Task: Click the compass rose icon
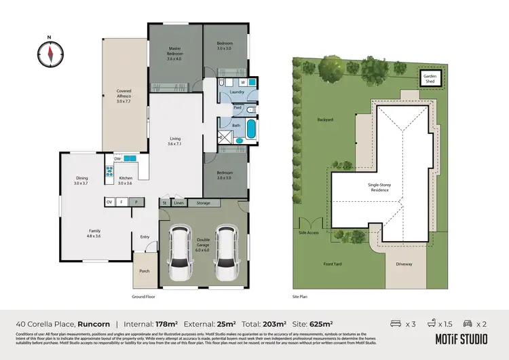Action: point(50,53)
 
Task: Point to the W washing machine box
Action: point(242,82)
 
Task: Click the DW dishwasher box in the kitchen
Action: point(117,159)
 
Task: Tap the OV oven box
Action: point(109,202)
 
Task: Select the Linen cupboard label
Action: point(178,202)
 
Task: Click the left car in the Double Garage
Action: point(180,247)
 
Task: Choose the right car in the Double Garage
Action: point(227,247)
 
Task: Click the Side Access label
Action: point(309,233)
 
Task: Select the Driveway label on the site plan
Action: point(404,264)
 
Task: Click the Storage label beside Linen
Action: point(204,202)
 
